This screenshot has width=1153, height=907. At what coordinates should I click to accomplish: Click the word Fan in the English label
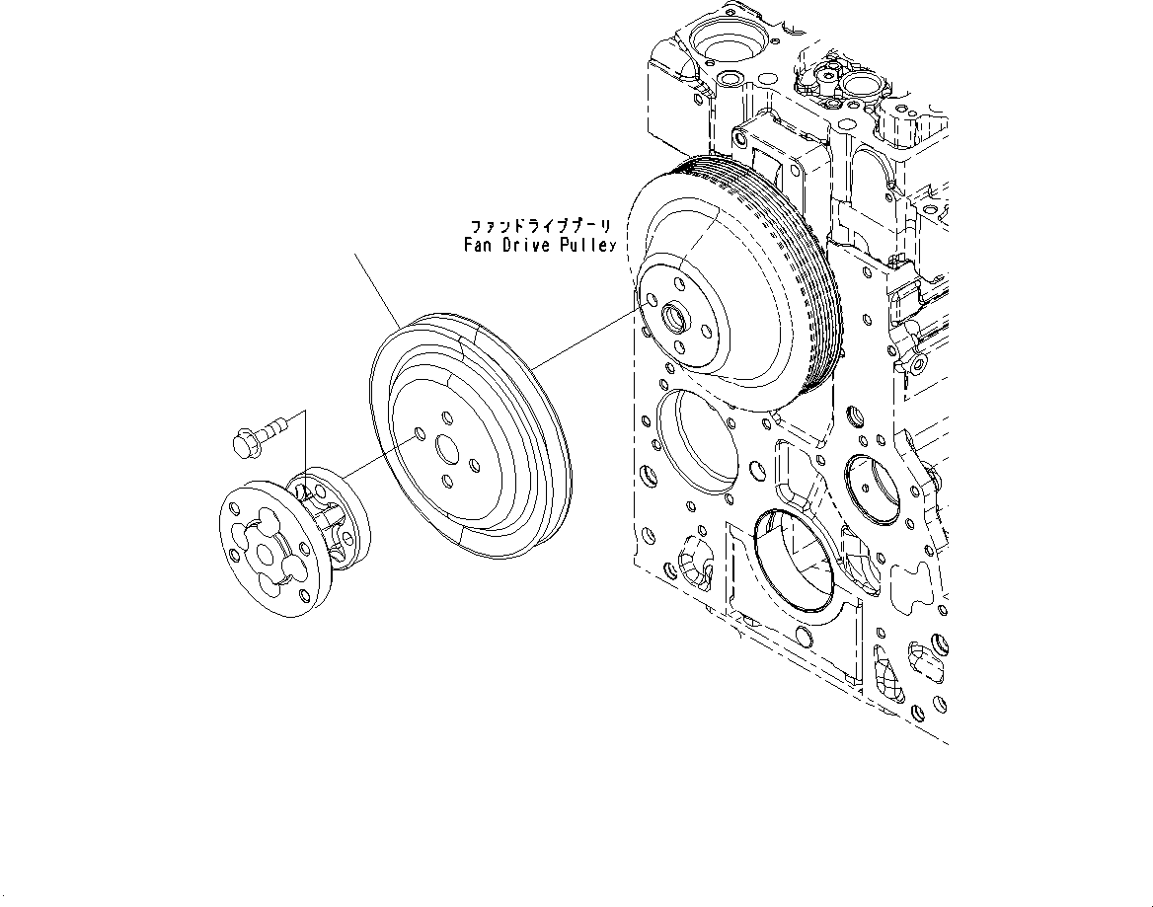(x=481, y=245)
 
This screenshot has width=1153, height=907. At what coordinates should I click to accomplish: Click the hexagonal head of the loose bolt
(x=242, y=443)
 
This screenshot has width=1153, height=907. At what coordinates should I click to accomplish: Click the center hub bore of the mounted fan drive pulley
(x=677, y=318)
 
